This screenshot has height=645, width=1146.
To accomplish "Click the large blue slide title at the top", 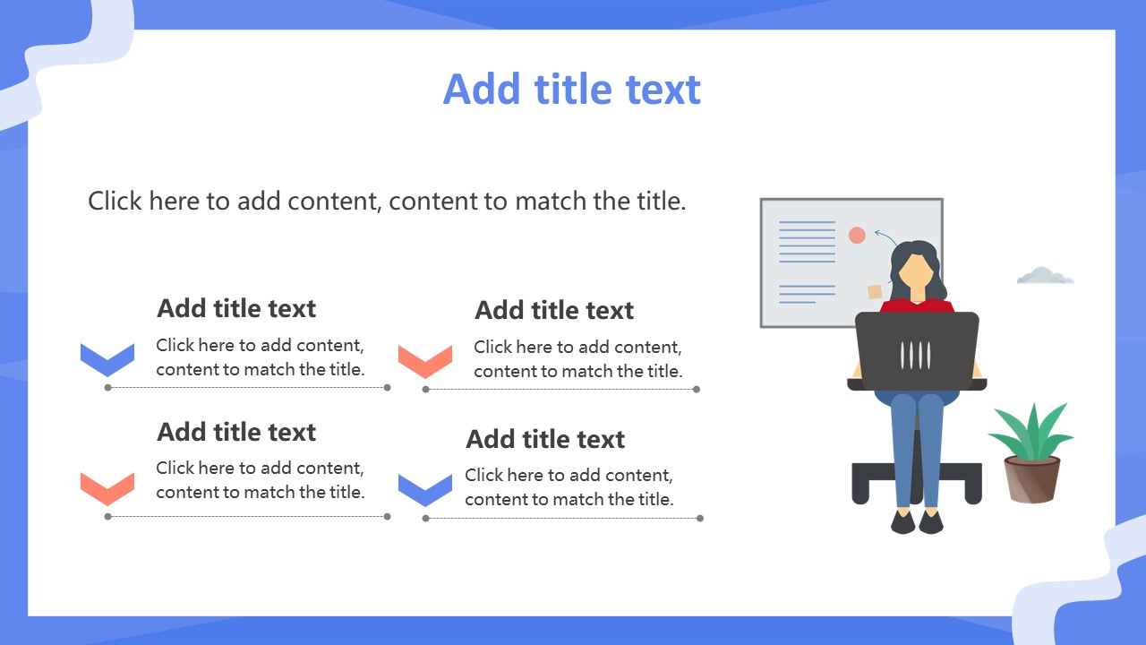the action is [x=571, y=89].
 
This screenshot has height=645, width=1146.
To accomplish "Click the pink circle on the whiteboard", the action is [x=857, y=235].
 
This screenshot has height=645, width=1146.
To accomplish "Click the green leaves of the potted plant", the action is [x=1031, y=433].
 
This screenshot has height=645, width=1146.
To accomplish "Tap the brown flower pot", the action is [x=1032, y=480].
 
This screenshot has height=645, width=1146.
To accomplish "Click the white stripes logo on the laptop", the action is [x=915, y=356].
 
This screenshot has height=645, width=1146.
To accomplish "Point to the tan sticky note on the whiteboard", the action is [x=875, y=292].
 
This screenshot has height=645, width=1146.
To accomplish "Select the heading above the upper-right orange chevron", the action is [x=554, y=310].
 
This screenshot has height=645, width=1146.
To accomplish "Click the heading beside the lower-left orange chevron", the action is [x=236, y=432].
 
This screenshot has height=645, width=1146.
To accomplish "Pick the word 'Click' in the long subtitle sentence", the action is [x=115, y=201].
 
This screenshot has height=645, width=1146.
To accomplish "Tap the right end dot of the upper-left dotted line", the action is [x=388, y=388].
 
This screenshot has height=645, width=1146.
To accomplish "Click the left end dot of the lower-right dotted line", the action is [x=425, y=519].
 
